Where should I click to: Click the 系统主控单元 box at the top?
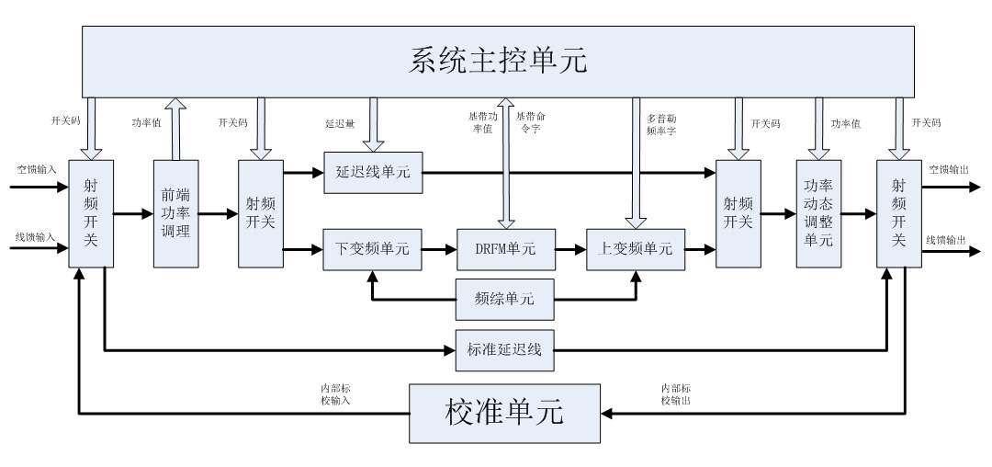pyautogui.click(x=497, y=61)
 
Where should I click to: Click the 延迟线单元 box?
pyautogui.click(x=373, y=173)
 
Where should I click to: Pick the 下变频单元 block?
pyautogui.click(x=373, y=248)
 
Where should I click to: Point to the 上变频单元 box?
pyautogui.click(x=636, y=248)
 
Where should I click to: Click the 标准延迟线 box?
pyautogui.click(x=504, y=349)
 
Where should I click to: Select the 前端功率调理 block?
pyautogui.click(x=175, y=213)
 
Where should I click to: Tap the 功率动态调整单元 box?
pyautogui.click(x=818, y=213)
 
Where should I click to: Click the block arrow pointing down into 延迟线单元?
pyautogui.click(x=373, y=123)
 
